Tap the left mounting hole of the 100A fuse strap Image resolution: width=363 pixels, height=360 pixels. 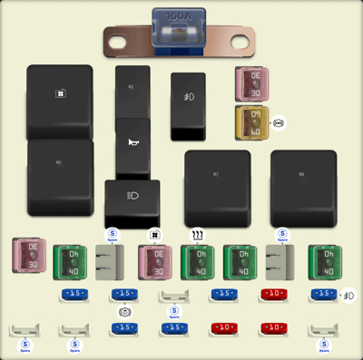(117, 39)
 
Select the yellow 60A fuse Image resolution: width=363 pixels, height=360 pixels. (251, 122)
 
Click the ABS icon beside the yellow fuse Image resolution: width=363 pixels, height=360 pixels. (279, 122)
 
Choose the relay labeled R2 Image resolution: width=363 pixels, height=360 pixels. (132, 90)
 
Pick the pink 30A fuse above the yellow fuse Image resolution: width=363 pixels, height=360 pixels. (251, 83)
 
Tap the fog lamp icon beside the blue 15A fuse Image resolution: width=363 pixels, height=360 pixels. (348, 295)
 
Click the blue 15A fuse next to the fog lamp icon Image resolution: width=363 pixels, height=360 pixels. (322, 295)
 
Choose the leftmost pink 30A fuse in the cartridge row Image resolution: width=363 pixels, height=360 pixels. (28, 256)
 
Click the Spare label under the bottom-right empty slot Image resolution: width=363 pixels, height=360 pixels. (322, 346)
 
